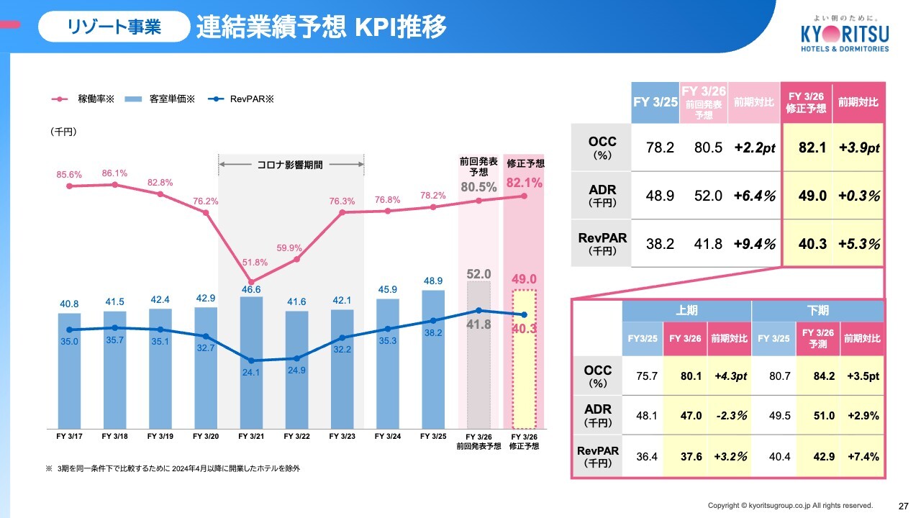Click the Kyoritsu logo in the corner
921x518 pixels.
844,35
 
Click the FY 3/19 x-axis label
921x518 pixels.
160,436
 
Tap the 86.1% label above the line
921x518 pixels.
114,173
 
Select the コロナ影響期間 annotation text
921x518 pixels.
290,165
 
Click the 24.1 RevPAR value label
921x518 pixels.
251,373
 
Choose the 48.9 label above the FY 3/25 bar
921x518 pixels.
432,280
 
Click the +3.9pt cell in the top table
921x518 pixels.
858,147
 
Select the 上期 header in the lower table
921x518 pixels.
686,311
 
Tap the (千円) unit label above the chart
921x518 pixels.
64,132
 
